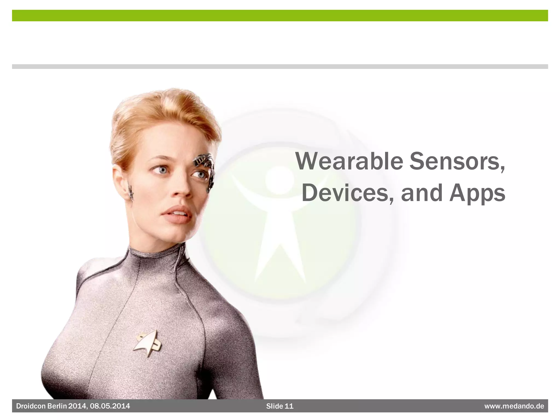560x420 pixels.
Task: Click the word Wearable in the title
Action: (x=349, y=161)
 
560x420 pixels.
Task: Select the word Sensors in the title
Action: (x=457, y=161)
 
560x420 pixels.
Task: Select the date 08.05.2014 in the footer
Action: (x=110, y=406)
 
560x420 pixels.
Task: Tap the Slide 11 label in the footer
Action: (x=280, y=406)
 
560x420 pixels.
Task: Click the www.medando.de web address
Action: (x=514, y=406)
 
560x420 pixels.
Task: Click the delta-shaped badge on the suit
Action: (x=148, y=343)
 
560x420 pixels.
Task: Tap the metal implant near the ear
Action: (x=131, y=191)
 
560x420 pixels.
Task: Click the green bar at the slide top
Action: (x=280, y=16)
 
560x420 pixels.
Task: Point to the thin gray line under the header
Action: (x=280, y=66)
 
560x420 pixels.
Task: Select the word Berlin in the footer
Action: (x=57, y=406)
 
